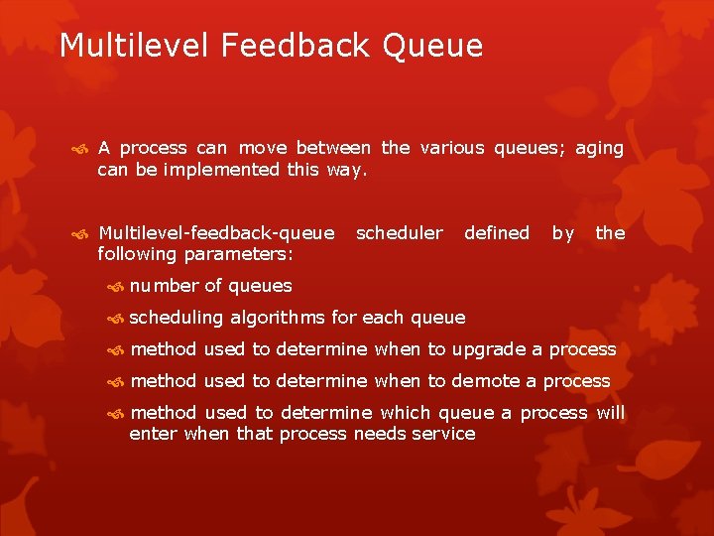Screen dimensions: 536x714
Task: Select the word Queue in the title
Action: pos(437,46)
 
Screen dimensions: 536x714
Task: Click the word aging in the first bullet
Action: pos(599,149)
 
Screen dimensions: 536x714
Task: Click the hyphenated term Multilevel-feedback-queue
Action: pos(216,233)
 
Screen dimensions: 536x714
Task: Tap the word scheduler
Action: pos(399,233)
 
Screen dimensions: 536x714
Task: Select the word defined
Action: pos(496,233)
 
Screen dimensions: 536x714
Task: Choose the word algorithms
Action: pos(278,318)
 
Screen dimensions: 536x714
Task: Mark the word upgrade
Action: pos(489,349)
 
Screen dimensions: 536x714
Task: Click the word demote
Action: pos(486,381)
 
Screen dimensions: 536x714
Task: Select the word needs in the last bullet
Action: pos(380,434)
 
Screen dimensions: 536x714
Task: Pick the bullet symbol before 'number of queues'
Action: pos(115,287)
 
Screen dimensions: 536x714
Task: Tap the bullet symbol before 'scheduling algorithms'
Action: pos(115,319)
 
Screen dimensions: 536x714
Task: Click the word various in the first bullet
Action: pos(452,148)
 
